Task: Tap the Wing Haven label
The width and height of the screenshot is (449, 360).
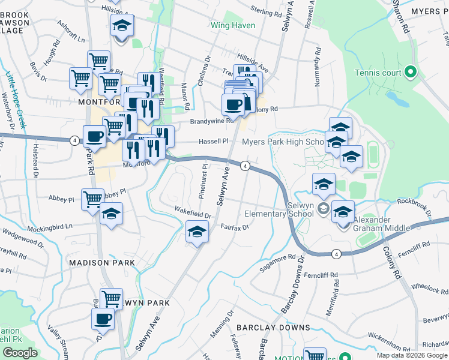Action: pyautogui.click(x=233, y=26)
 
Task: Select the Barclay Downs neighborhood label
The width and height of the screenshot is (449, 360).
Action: pyautogui.click(x=273, y=328)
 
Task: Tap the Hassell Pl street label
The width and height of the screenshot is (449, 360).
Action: pyautogui.click(x=214, y=142)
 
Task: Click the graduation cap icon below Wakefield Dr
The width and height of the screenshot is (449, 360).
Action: pyautogui.click(x=196, y=231)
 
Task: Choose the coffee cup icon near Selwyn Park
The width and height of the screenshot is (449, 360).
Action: pyautogui.click(x=103, y=319)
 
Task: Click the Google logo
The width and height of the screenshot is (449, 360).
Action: pyautogui.click(x=20, y=352)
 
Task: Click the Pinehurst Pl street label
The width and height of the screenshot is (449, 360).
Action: pyautogui.click(x=205, y=173)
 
